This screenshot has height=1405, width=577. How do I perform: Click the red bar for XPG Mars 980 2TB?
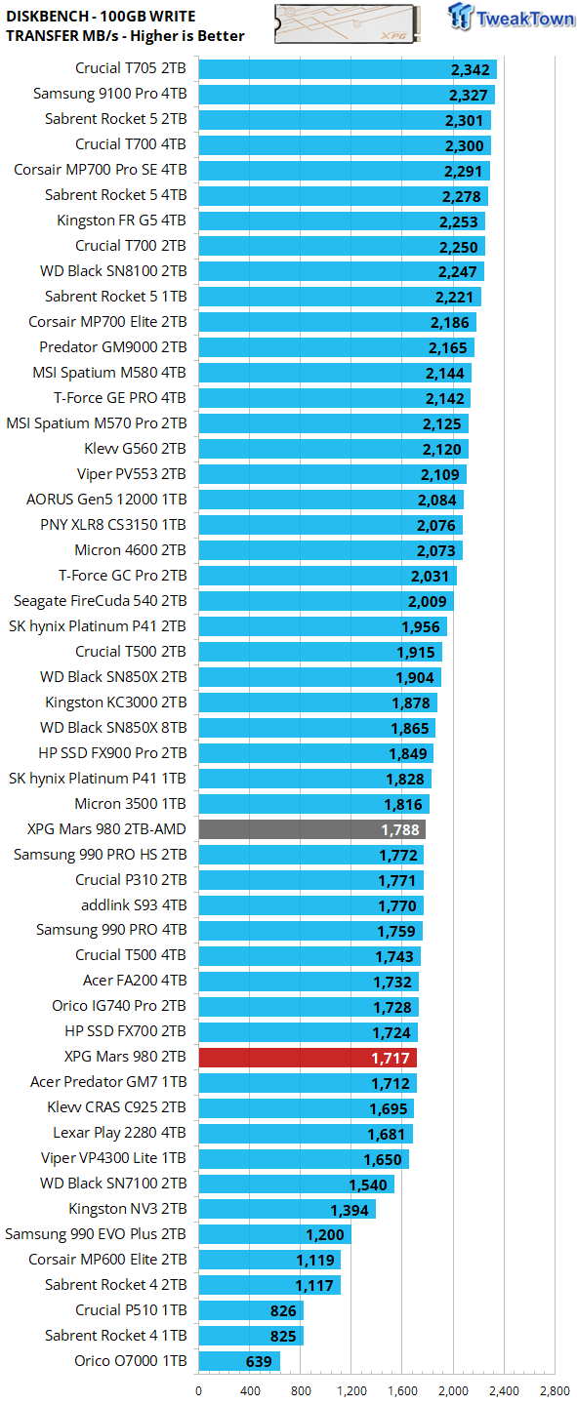coord(308,1057)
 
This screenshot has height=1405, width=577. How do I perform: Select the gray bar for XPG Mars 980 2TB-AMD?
coord(311,829)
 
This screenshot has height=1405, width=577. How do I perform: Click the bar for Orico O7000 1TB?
coord(239,1361)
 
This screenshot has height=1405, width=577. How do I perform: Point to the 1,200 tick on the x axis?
coord(351,1391)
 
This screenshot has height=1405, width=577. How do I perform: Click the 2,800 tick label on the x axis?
coord(555,1391)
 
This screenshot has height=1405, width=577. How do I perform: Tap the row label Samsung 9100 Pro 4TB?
coord(109,95)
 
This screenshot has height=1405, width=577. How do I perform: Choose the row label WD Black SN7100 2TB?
coord(113,1184)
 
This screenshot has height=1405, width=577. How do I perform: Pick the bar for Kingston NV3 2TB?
coord(287,1209)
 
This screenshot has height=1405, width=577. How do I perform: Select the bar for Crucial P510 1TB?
coord(251,1310)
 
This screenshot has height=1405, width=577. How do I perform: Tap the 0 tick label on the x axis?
coord(198,1391)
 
